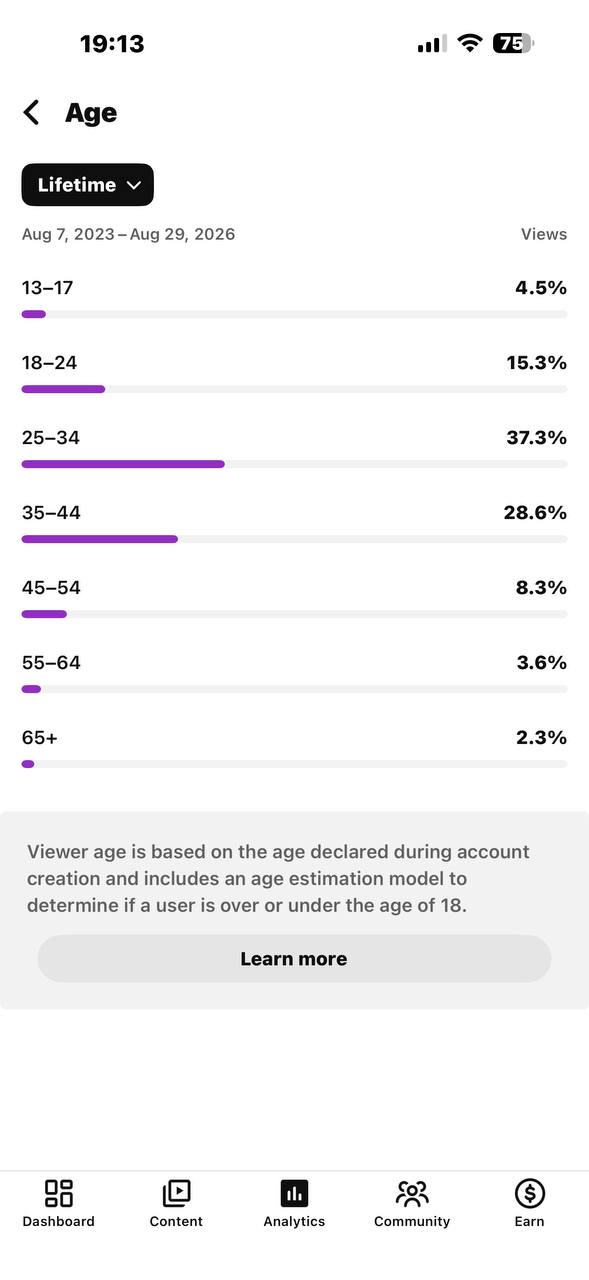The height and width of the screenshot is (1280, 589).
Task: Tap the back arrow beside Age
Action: click(x=31, y=112)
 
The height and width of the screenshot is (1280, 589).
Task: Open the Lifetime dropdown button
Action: click(x=87, y=185)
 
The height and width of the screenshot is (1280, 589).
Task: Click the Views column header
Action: click(x=543, y=234)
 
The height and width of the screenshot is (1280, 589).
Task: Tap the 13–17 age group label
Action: click(x=47, y=287)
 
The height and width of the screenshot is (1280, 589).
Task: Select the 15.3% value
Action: click(x=536, y=363)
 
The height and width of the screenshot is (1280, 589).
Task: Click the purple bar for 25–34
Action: click(x=123, y=464)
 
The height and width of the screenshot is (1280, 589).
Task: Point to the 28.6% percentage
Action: click(x=535, y=513)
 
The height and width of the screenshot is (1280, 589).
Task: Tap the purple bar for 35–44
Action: click(x=99, y=539)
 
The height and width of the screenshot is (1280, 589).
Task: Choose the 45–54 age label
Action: click(x=51, y=587)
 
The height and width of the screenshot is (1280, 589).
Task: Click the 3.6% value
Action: click(x=542, y=663)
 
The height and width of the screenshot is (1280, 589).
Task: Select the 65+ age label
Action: click(x=39, y=738)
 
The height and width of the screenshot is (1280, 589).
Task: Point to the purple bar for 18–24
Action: click(x=63, y=389)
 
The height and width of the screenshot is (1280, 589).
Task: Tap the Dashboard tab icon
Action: click(x=58, y=1193)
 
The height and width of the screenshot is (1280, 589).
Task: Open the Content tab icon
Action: click(x=177, y=1193)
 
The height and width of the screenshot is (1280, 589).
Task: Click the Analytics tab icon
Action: click(x=294, y=1193)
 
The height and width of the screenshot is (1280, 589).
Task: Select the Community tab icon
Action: click(x=412, y=1193)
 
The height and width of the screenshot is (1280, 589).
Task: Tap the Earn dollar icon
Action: click(x=530, y=1193)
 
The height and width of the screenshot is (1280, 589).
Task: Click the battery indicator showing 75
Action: click(x=513, y=43)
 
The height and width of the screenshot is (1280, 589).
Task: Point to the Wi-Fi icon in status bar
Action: click(x=470, y=43)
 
